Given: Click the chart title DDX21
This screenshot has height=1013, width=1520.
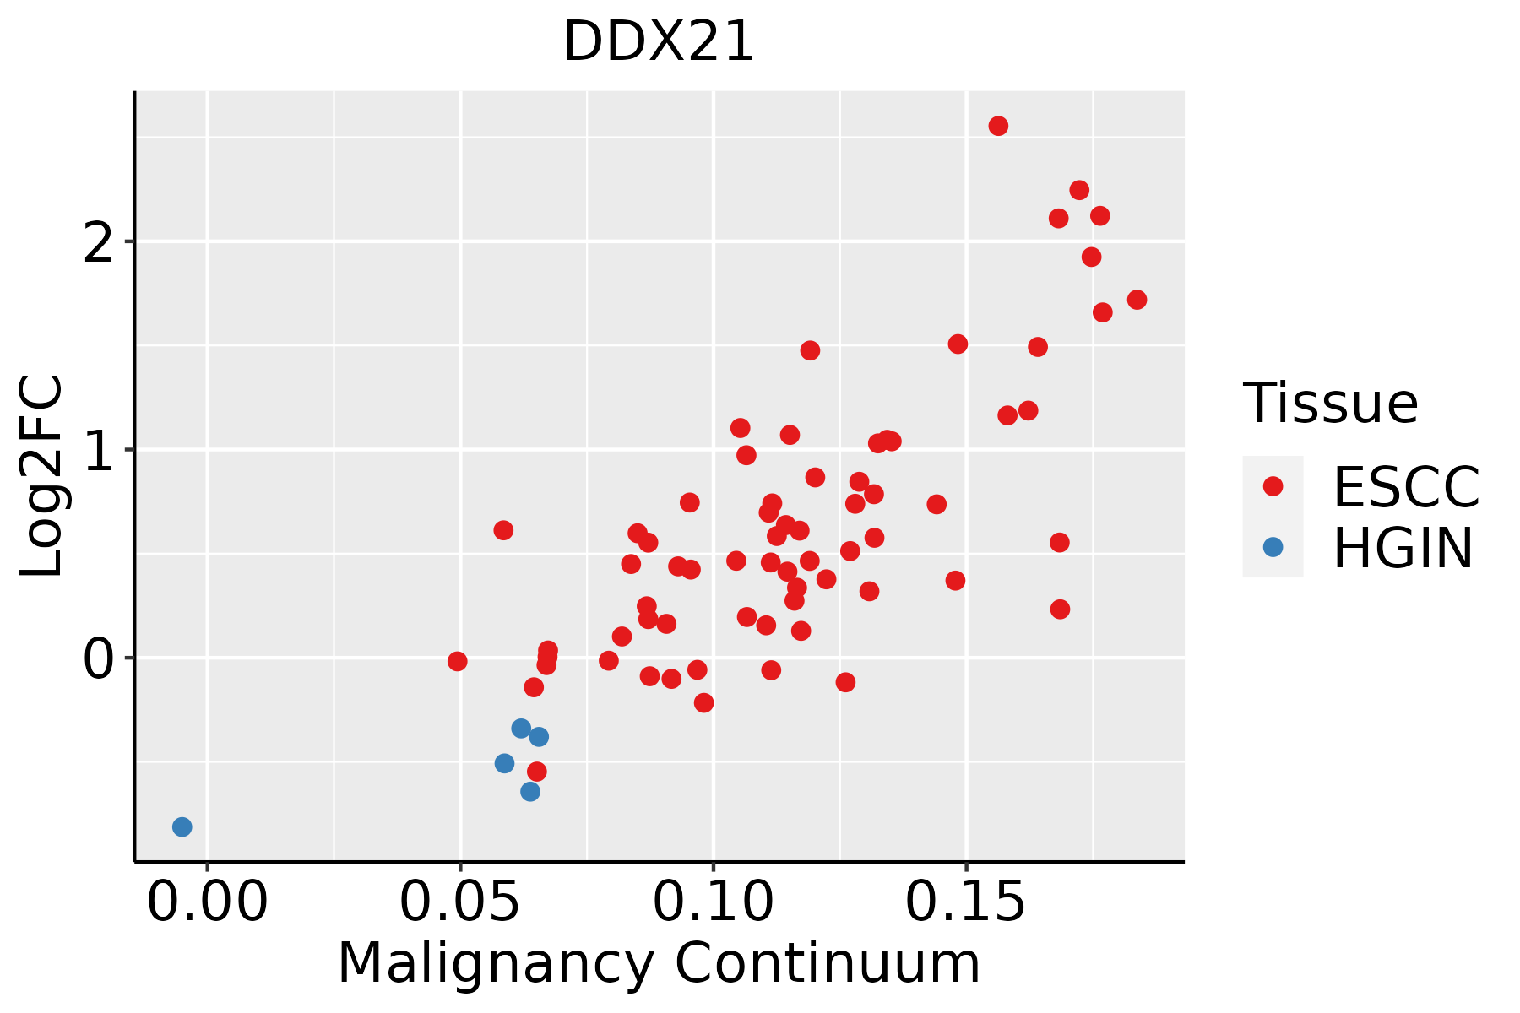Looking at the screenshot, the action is (x=659, y=41).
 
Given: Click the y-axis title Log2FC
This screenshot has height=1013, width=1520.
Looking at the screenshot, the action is (x=41, y=476).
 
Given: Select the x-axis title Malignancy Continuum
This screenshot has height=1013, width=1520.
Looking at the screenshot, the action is (x=659, y=964).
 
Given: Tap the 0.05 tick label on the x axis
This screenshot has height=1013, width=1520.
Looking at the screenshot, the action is (x=460, y=902).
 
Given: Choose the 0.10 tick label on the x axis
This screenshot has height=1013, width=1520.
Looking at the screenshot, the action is (x=714, y=902).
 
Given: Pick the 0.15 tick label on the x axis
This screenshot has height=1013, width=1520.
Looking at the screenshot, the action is (x=966, y=902).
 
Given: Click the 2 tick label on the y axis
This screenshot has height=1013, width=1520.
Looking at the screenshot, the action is (x=99, y=242).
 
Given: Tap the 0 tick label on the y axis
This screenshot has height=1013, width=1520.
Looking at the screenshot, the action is (x=99, y=658).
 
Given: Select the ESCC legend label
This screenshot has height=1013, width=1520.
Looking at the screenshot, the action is (x=1406, y=487).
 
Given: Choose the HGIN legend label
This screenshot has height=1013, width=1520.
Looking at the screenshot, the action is (x=1403, y=548).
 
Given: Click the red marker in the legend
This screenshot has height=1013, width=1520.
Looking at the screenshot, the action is (x=1273, y=486).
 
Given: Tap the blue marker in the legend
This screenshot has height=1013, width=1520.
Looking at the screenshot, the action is (x=1273, y=547).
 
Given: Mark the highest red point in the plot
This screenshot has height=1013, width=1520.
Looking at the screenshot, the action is (x=998, y=126).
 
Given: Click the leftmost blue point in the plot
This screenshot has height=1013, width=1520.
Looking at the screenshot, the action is (x=182, y=826).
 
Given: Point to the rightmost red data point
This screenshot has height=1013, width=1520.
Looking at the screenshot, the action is (x=1137, y=300).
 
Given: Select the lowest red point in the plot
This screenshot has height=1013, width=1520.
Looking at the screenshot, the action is (x=536, y=772).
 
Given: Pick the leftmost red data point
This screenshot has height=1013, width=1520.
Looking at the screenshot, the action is (x=457, y=661).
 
